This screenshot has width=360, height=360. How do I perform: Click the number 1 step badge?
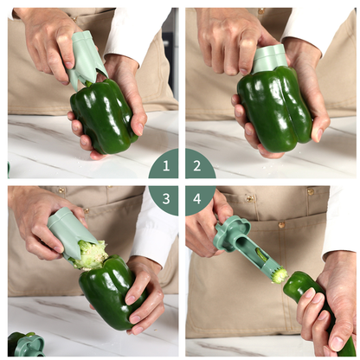(164, 164)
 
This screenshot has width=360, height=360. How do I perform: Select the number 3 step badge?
(164, 197)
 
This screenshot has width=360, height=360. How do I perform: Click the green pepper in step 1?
(103, 117)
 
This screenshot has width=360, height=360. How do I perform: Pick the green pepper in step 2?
(274, 108)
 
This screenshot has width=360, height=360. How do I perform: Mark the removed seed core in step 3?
(93, 254)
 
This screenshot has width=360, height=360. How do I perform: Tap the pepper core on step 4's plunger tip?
(279, 275)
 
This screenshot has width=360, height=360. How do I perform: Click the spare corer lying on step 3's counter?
(26, 344)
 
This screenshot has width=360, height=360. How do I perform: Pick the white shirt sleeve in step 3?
(156, 229)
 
